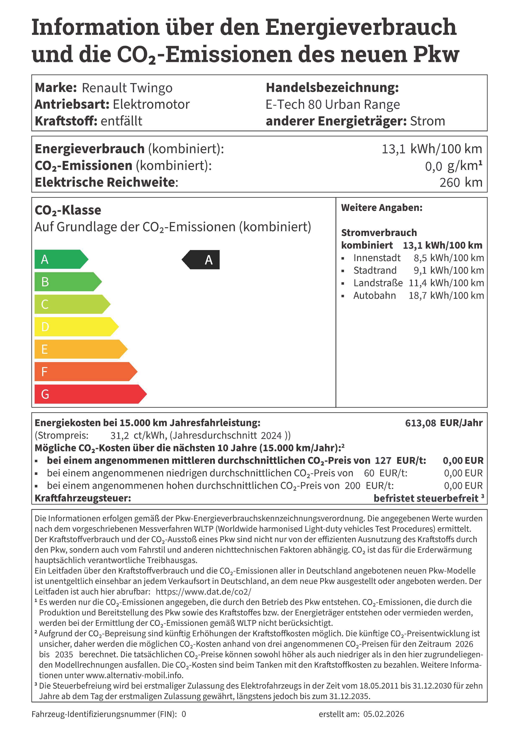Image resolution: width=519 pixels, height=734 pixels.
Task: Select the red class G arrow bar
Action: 90,394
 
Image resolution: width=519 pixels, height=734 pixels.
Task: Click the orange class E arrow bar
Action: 80,349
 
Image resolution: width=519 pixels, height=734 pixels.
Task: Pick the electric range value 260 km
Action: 460,182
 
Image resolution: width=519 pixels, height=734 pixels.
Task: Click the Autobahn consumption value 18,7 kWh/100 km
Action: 446,296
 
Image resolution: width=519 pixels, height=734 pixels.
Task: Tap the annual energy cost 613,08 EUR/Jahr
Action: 443,423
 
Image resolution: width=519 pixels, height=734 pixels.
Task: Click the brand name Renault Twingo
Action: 127,88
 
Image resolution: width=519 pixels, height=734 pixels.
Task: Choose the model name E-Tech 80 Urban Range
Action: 333,105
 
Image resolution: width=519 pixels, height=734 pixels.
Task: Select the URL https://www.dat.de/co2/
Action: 203,592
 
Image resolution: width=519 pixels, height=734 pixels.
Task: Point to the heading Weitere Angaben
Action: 382,208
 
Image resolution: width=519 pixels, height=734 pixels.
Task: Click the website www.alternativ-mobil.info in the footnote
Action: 134,675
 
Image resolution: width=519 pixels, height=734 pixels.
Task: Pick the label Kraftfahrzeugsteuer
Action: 83,498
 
